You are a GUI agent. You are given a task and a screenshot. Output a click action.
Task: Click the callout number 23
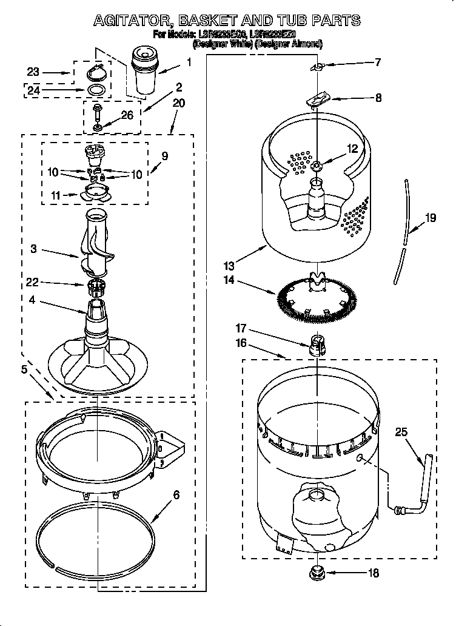33,72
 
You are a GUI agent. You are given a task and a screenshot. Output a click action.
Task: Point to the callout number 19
430,219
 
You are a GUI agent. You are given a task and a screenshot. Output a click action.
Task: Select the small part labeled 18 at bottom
315,572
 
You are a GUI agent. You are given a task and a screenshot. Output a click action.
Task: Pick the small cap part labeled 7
316,66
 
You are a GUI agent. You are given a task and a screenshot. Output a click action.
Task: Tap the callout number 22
33,282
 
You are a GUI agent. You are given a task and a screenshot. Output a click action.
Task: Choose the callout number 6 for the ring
176,495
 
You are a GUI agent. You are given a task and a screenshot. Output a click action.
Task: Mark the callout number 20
178,104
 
